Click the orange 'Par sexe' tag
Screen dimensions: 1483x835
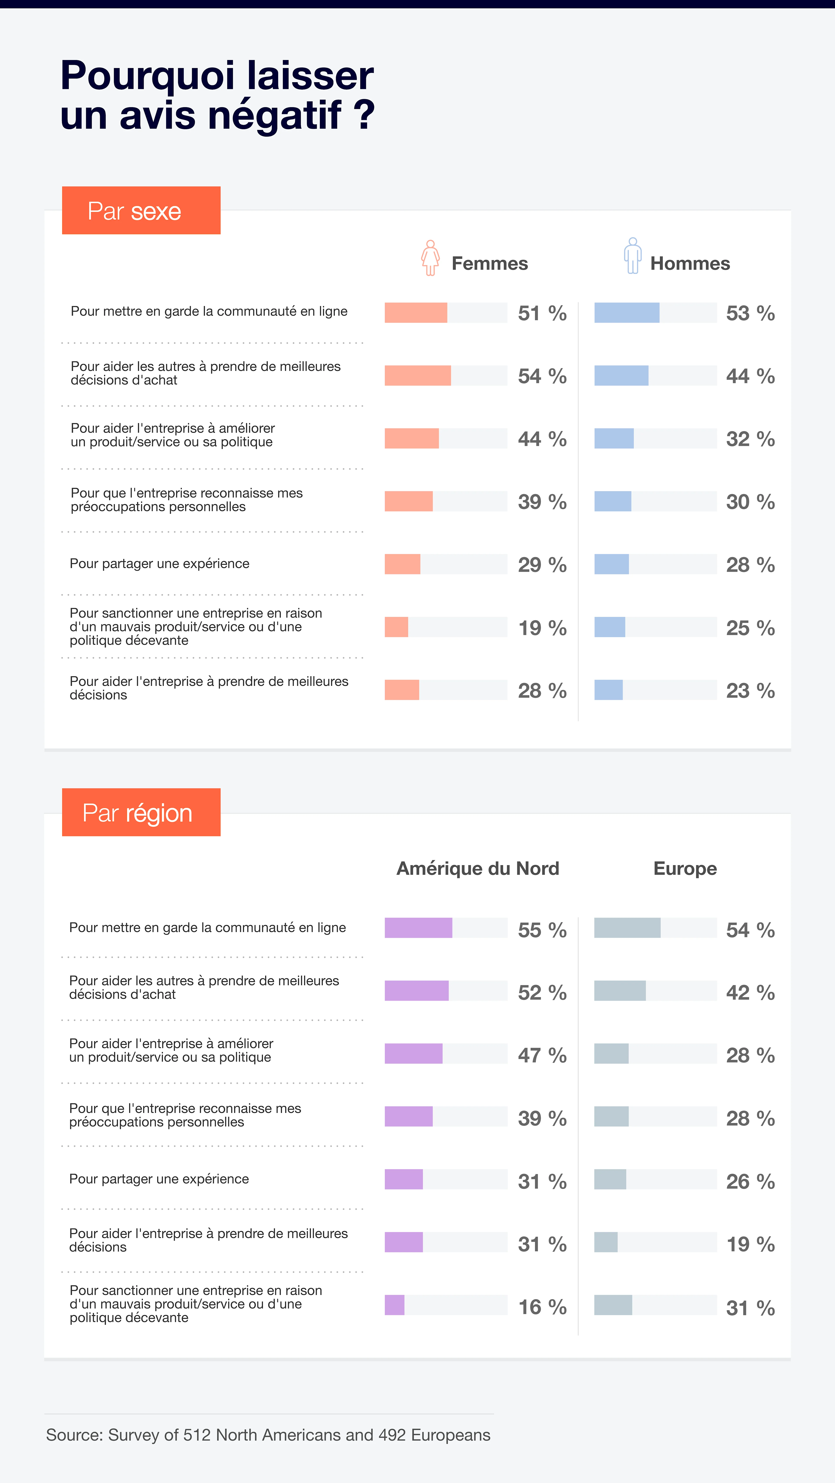(x=141, y=211)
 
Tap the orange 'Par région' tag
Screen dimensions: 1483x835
(x=141, y=812)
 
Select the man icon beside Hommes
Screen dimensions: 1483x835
(x=632, y=256)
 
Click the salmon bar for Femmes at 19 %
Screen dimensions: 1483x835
(x=396, y=627)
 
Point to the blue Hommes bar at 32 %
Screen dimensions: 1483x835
(x=614, y=439)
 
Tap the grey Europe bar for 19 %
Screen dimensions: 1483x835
(x=606, y=1242)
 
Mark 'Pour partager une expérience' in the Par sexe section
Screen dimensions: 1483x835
(x=160, y=564)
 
